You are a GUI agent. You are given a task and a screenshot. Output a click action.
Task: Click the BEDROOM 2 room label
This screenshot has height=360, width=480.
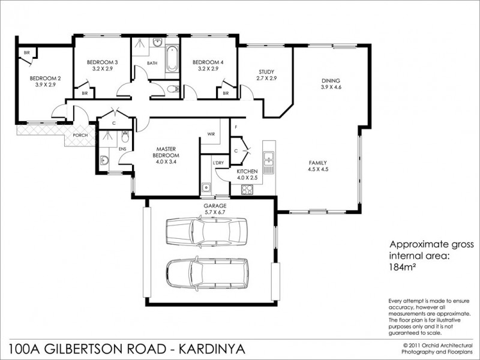tap(46, 78)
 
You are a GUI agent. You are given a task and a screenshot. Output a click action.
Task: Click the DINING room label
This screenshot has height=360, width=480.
tap(331, 80)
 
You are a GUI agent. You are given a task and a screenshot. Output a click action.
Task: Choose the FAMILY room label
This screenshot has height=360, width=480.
tap(318, 163)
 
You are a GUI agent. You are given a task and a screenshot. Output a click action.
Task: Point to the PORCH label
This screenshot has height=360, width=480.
tap(80, 135)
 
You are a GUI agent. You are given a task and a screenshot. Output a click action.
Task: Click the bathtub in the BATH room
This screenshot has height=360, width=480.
tap(172, 58)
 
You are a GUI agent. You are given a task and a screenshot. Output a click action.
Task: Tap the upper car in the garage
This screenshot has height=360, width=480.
tap(205, 230)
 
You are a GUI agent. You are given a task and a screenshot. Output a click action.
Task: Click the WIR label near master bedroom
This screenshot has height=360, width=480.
tap(211, 134)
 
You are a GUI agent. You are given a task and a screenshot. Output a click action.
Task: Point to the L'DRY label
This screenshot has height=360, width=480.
tap(218, 163)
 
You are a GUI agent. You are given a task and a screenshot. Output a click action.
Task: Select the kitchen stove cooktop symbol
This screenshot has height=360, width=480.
tap(247, 189)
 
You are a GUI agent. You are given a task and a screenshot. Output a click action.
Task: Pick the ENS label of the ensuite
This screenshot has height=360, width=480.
tap(123, 148)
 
